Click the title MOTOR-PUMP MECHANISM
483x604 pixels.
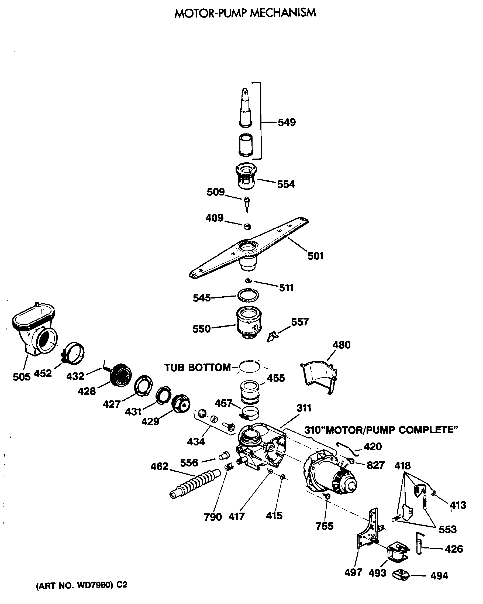pos(245,13)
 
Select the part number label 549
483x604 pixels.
pos(287,122)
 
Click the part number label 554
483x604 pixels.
pos(286,184)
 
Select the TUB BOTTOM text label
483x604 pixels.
pos(197,368)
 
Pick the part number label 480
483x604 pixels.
pos(341,345)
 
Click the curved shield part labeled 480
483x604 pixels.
pos(319,375)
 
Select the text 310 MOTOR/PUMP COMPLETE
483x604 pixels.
pos(381,430)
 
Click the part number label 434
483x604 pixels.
pos(196,442)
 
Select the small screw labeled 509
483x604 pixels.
pos(247,203)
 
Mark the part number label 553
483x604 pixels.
pos(447,530)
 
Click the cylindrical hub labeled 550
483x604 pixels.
pos(249,324)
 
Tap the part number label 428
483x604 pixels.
pos(87,391)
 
